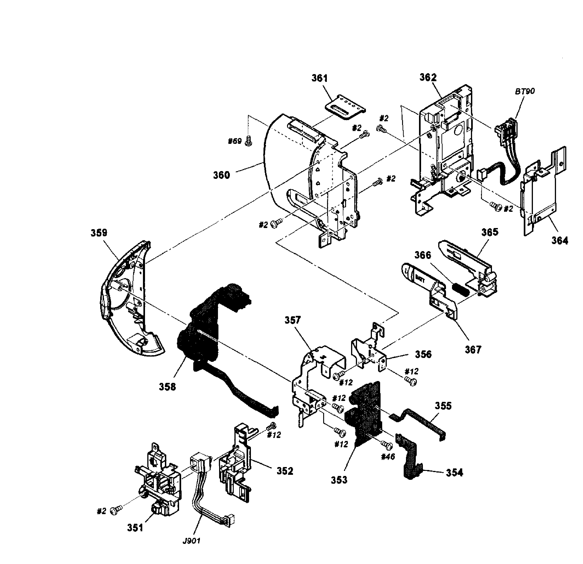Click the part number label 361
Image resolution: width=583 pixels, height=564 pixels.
320,78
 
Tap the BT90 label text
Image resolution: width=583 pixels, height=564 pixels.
525,91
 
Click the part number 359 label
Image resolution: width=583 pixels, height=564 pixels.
99,233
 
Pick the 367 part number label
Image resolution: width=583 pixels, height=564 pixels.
473,349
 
